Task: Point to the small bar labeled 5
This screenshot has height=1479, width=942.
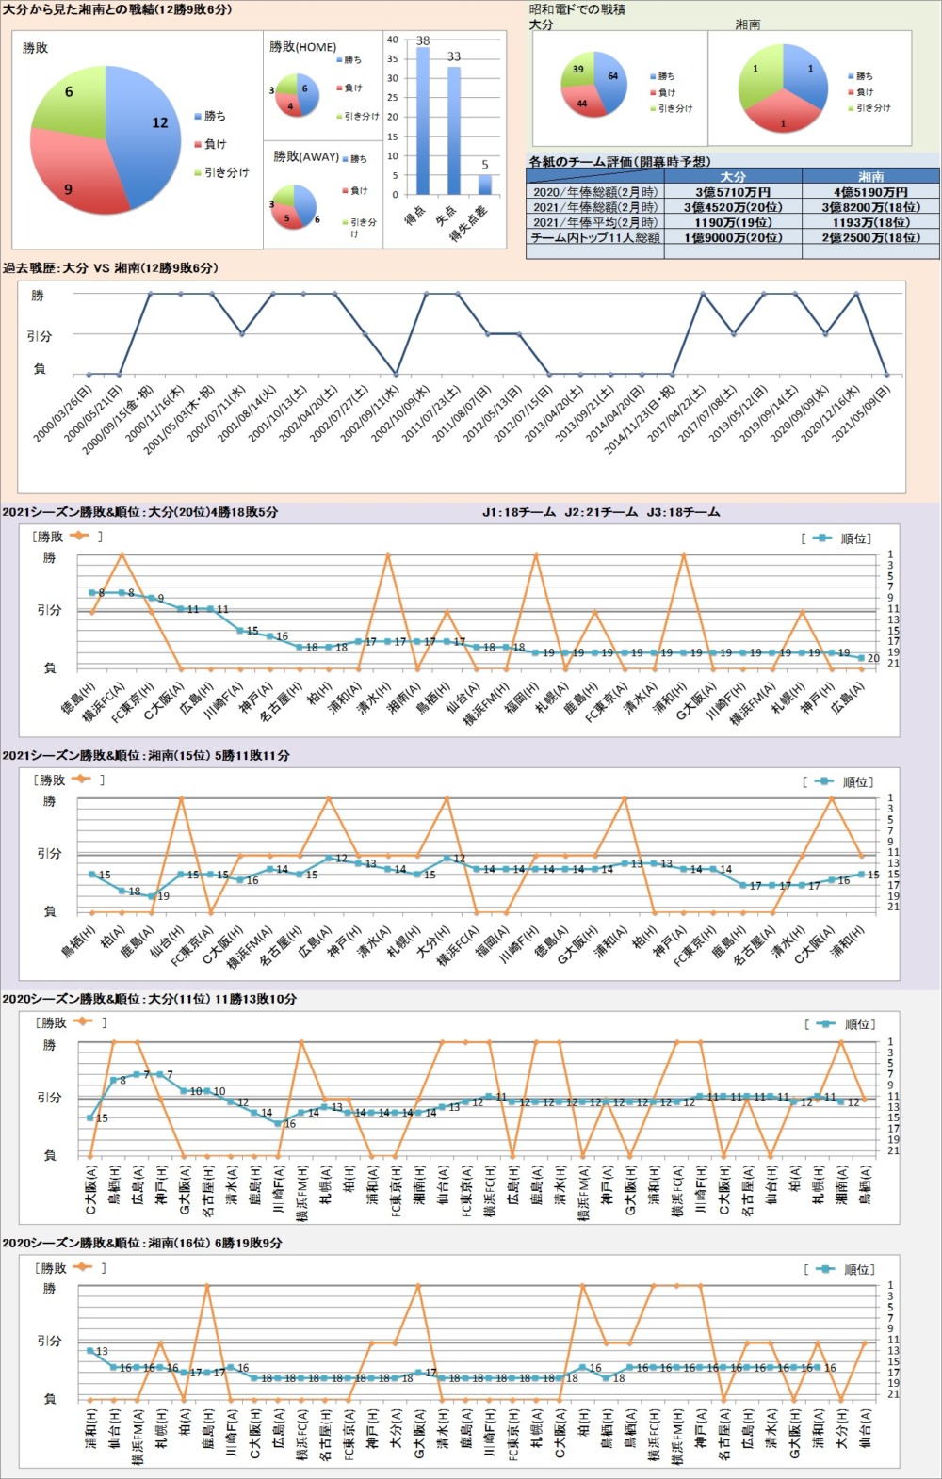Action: pyautogui.click(x=484, y=185)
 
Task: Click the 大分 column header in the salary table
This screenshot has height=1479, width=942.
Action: pyautogui.click(x=733, y=176)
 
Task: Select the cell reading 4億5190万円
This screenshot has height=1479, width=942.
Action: pyautogui.click(x=870, y=192)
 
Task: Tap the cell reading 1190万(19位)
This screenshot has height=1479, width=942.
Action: pyautogui.click(x=733, y=222)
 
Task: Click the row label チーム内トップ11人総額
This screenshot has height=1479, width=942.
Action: pyautogui.click(x=594, y=238)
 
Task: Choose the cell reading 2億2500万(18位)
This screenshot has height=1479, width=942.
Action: pyautogui.click(x=870, y=238)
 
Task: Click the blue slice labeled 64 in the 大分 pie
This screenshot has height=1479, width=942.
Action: pyautogui.click(x=611, y=80)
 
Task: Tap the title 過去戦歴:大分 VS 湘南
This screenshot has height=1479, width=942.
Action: pyautogui.click(x=110, y=268)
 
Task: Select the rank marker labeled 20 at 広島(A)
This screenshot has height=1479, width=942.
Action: pyautogui.click(x=860, y=658)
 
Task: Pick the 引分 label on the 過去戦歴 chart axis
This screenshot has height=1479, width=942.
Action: pyautogui.click(x=39, y=335)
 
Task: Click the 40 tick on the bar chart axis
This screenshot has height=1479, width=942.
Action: pyautogui.click(x=393, y=40)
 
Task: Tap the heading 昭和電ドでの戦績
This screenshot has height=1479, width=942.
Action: pyautogui.click(x=577, y=9)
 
